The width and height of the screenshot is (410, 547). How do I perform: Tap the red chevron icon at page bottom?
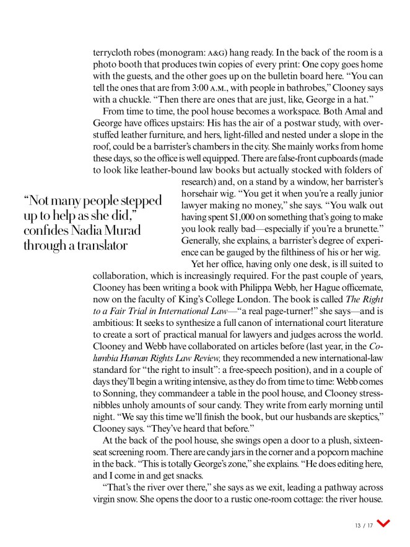click(383, 525)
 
